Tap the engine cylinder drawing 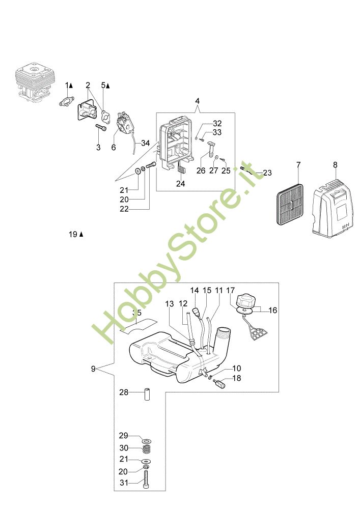tap(35, 82)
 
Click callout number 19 tap(73, 234)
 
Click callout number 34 tap(145, 144)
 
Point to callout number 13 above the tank tap(169, 304)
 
